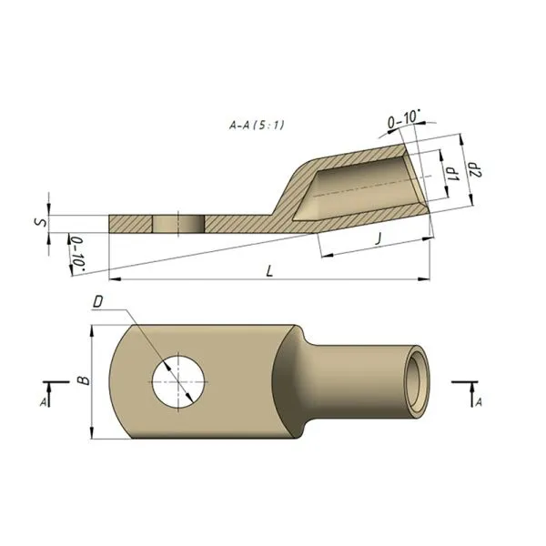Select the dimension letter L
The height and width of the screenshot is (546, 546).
click(x=268, y=270)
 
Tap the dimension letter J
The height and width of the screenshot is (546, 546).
click(x=378, y=238)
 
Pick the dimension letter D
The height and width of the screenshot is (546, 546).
click(x=99, y=299)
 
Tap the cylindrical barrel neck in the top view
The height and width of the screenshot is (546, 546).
click(x=359, y=379)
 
